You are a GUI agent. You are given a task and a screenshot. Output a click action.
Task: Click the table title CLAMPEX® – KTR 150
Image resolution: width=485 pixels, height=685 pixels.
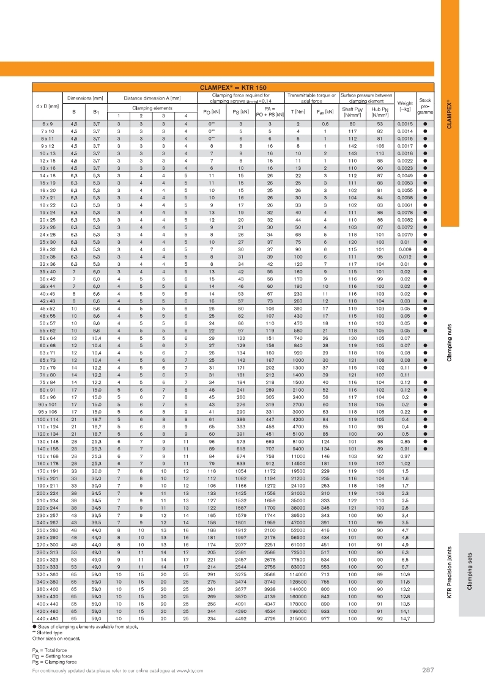coord(233,87)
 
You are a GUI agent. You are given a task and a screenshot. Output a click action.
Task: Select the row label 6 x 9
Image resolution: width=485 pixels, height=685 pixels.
coord(47,124)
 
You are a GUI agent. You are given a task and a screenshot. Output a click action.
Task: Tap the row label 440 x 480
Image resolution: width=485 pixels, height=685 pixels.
coord(47,618)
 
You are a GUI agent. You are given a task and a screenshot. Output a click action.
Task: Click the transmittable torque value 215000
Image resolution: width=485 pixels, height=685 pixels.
coord(299,618)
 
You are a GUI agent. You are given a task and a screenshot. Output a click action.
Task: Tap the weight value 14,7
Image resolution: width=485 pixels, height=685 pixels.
coord(404,618)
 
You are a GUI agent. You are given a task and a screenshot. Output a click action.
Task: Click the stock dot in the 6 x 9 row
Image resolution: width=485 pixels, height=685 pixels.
coord(424,124)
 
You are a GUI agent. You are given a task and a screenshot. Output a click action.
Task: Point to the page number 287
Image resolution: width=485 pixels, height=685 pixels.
coord(428,670)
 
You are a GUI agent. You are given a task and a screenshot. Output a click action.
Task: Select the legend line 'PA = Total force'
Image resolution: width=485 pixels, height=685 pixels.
coord(54,650)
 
